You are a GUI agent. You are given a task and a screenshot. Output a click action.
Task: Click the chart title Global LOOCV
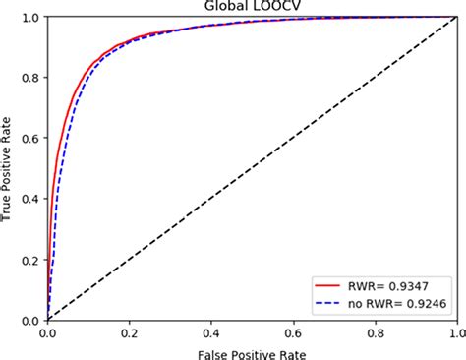[x=252, y=7]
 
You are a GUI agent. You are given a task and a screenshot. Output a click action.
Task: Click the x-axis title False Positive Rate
[x=252, y=350]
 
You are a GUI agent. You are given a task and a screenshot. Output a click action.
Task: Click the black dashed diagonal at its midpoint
[x=252, y=169]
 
